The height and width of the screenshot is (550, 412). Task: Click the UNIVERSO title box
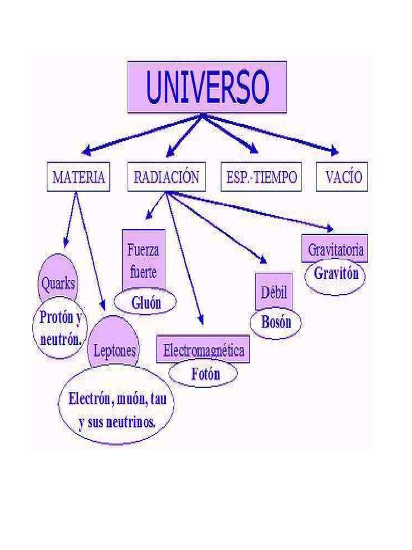click(207, 87)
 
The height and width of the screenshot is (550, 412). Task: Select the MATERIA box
click(78, 176)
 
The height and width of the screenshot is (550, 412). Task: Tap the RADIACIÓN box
click(166, 176)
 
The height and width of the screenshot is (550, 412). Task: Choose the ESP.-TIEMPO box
click(261, 176)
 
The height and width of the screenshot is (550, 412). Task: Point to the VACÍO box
click(342, 176)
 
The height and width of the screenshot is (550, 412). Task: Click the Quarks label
click(58, 283)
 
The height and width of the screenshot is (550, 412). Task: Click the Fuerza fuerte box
click(143, 260)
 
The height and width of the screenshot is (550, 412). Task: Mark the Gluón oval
click(146, 303)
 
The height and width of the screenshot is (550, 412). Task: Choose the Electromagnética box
click(203, 350)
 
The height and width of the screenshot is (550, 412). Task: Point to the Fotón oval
click(205, 374)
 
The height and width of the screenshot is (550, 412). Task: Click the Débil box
click(274, 292)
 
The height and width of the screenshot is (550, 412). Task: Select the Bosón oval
click(276, 322)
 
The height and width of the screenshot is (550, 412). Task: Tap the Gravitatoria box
click(335, 249)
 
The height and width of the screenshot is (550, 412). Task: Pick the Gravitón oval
click(336, 275)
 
